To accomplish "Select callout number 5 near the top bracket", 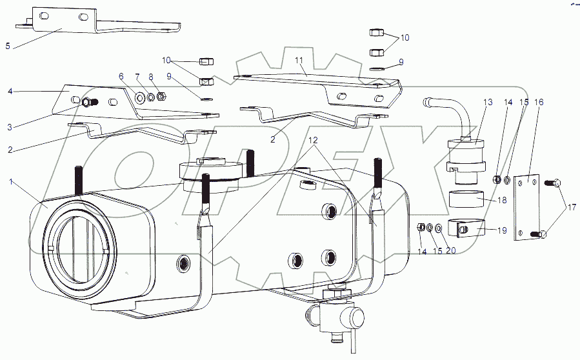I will click(7, 46).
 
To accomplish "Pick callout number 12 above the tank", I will click(312, 141).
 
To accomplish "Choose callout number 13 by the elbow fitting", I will click(487, 101).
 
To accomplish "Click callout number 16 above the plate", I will click(539, 102).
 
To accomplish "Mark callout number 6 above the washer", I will click(120, 75).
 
